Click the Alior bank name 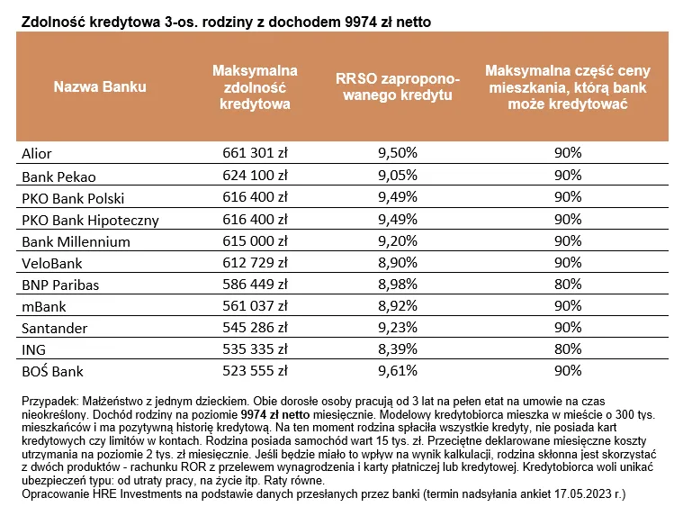click(x=37, y=153)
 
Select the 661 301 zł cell click(x=256, y=152)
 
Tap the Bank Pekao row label click(x=58, y=177)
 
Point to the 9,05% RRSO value click(x=398, y=175)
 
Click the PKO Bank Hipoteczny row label click(x=90, y=221)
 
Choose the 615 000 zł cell click(x=256, y=240)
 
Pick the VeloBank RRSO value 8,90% click(x=398, y=263)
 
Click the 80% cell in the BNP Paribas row click(x=568, y=284)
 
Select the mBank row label click(x=44, y=306)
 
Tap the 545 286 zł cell click(x=256, y=327)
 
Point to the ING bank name click(x=33, y=349)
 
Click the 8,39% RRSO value click(x=398, y=348)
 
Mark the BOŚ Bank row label click(x=52, y=371)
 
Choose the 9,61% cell click(x=398, y=371)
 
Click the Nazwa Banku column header click(x=100, y=86)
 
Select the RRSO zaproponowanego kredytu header click(x=398, y=86)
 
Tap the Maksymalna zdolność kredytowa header click(x=256, y=87)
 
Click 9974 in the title click(x=361, y=22)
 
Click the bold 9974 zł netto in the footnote click(x=275, y=414)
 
